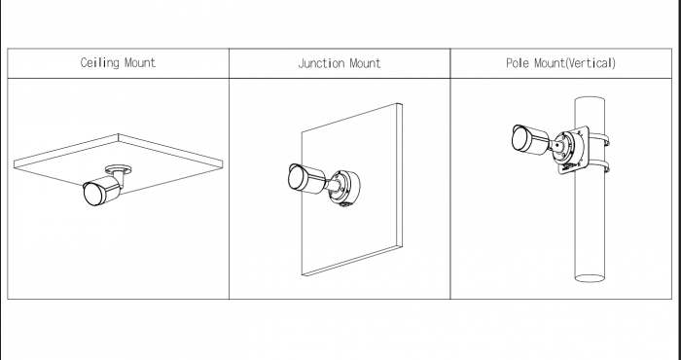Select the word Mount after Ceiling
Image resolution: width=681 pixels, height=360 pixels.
pyautogui.click(x=140, y=63)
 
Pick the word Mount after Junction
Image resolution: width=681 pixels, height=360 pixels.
pyautogui.click(x=365, y=63)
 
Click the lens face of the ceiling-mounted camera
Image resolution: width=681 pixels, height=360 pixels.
pyautogui.click(x=93, y=195)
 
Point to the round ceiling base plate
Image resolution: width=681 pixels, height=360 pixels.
pyautogui.click(x=119, y=168)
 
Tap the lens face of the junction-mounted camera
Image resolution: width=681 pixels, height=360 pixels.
pyautogui.click(x=297, y=178)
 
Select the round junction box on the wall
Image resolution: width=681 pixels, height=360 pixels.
pyautogui.click(x=343, y=188)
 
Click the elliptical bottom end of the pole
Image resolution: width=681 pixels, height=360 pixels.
pyautogui.click(x=590, y=278)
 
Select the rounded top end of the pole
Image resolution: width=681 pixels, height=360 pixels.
pyautogui.click(x=590, y=100)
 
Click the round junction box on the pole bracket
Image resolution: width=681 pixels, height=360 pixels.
pyautogui.click(x=569, y=148)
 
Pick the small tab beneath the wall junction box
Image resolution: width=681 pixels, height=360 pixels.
pyautogui.click(x=345, y=204)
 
